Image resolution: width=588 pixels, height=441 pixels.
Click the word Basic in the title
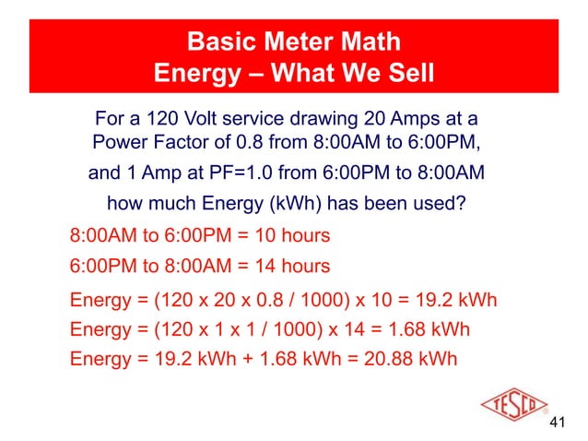click(x=221, y=42)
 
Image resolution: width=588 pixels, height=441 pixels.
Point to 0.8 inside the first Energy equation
click(x=253, y=300)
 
